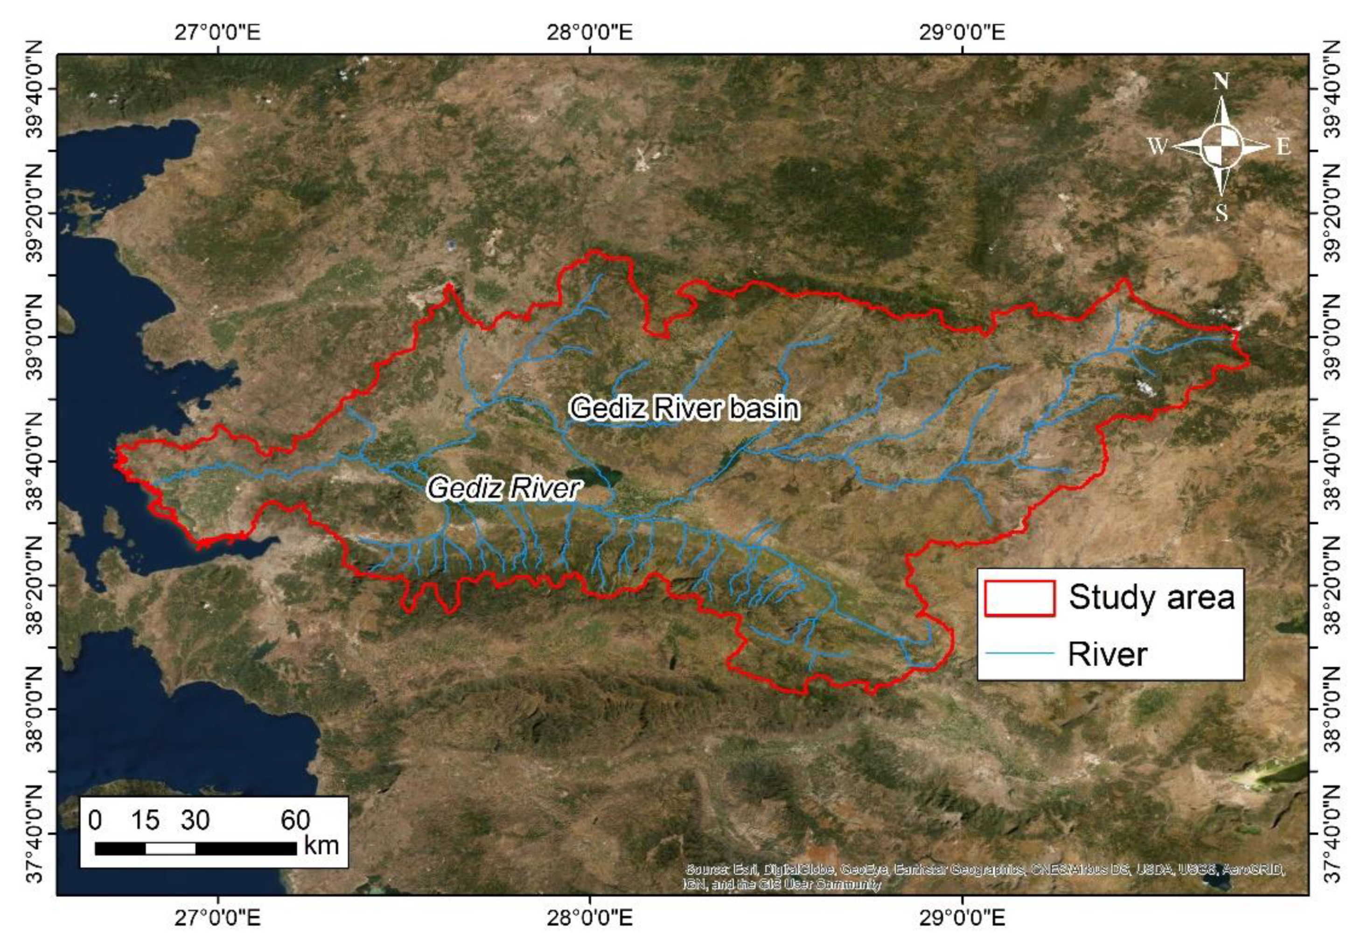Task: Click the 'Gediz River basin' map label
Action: coord(684,408)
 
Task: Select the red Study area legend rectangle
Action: coord(1019,598)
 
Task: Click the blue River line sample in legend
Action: coord(1019,653)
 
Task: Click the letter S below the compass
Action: coord(1221,213)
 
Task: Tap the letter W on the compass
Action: coord(1157,145)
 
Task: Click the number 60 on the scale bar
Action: coord(295,820)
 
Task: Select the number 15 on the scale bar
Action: coord(145,820)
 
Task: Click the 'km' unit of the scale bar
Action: coord(321,846)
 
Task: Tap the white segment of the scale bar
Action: coord(170,848)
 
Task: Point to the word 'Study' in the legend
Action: coord(1103,598)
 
